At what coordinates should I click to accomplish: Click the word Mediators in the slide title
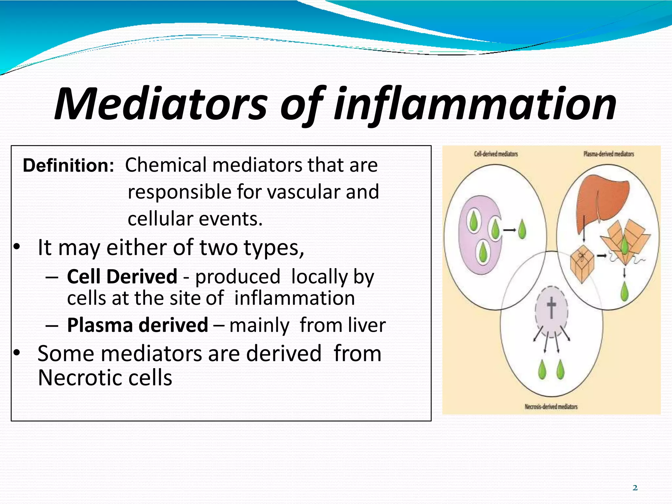[x=161, y=104]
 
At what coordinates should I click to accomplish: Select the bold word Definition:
[x=68, y=165]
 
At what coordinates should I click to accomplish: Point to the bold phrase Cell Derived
[x=122, y=277]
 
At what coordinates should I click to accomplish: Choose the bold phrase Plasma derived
[x=137, y=325]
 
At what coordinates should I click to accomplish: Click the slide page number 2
[x=635, y=488]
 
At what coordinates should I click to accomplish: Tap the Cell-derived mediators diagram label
[x=496, y=154]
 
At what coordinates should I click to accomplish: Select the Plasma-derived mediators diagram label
[x=609, y=154]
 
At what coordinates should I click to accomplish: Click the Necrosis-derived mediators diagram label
[x=551, y=407]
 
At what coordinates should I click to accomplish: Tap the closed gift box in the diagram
[x=582, y=262]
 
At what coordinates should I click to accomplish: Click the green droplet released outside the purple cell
[x=522, y=229]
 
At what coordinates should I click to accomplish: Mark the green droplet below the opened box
[x=624, y=291]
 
